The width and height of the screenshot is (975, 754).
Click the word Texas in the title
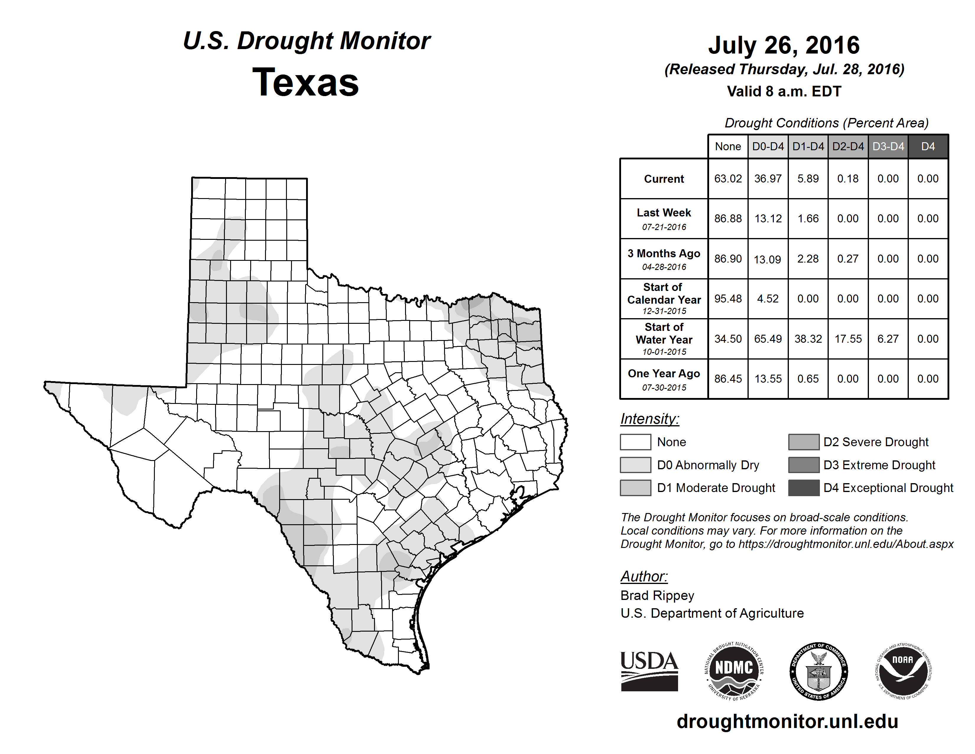305,82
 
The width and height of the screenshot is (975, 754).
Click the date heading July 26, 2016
784,45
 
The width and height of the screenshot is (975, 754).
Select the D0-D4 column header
768,146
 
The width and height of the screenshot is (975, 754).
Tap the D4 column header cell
928,146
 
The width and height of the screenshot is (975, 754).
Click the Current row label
664,179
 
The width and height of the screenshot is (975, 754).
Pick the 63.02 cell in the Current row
728,179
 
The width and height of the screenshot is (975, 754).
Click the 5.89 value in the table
808,179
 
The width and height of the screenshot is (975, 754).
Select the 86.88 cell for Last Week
728,219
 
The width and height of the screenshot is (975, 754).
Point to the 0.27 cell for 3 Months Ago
848,259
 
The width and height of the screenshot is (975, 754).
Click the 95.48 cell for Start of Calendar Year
728,298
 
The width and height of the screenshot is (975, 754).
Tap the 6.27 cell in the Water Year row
888,339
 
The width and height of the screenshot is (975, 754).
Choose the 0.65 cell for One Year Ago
808,379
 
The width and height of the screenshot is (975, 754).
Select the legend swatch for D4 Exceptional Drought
804,488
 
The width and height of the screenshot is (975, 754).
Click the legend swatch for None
635,442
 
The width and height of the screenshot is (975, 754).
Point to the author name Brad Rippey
657,596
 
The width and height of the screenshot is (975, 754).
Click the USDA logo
649,671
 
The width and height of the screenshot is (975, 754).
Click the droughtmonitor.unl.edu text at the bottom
787,721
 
